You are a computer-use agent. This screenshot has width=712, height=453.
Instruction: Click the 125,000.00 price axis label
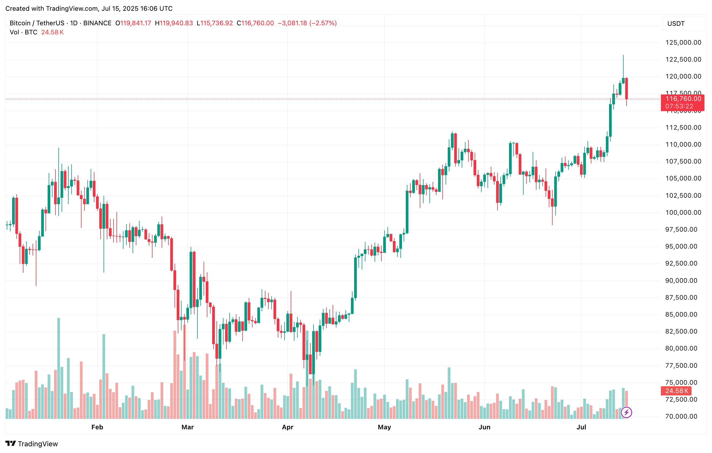tap(683, 43)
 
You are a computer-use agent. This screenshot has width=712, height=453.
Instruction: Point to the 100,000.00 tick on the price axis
tap(683, 213)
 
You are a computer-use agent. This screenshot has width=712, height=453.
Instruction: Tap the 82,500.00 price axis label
tap(681, 331)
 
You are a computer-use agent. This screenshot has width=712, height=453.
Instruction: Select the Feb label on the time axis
tap(97, 427)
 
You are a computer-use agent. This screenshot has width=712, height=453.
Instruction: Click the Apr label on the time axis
tap(287, 427)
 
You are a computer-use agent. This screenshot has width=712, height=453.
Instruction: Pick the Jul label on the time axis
tap(581, 427)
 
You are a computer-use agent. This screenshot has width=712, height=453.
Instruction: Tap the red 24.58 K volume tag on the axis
tap(677, 391)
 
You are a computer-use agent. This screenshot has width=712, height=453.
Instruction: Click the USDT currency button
tap(676, 24)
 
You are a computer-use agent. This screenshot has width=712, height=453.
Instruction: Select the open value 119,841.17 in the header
tap(136, 23)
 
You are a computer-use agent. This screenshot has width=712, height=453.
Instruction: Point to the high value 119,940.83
tap(176, 23)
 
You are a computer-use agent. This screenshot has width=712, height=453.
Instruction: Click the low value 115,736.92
tap(216, 23)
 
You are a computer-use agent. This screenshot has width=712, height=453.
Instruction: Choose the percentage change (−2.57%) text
tap(323, 23)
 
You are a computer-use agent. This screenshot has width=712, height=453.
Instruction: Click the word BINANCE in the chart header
tap(97, 23)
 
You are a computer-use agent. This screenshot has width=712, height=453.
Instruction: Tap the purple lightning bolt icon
tap(626, 412)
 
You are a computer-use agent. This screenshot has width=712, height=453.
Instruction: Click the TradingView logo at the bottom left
tap(32, 444)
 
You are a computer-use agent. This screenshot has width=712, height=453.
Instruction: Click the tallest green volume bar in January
tap(59, 368)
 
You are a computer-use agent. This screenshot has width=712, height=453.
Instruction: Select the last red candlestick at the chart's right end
tap(626, 89)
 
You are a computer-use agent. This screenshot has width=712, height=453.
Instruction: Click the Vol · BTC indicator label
tap(23, 32)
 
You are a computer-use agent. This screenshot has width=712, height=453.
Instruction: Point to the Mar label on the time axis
tap(187, 427)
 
